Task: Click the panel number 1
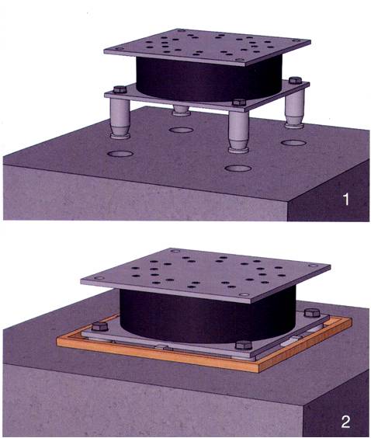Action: (x=346, y=200)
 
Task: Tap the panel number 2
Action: (x=345, y=422)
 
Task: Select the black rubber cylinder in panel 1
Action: (x=209, y=79)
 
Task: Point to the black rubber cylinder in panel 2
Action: (x=208, y=315)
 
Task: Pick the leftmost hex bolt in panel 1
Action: (x=120, y=89)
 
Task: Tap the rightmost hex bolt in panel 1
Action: (x=295, y=80)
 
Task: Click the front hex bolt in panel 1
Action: (x=239, y=103)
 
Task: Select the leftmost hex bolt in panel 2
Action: (x=99, y=326)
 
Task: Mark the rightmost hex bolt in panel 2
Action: (x=311, y=312)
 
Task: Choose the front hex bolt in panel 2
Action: (x=244, y=345)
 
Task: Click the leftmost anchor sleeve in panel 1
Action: (x=120, y=118)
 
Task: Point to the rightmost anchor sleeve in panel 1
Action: (x=294, y=109)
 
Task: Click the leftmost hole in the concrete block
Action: (x=120, y=154)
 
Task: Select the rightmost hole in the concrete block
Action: (x=293, y=143)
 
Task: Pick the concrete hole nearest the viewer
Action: (x=238, y=169)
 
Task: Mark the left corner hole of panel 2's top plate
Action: (x=99, y=278)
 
